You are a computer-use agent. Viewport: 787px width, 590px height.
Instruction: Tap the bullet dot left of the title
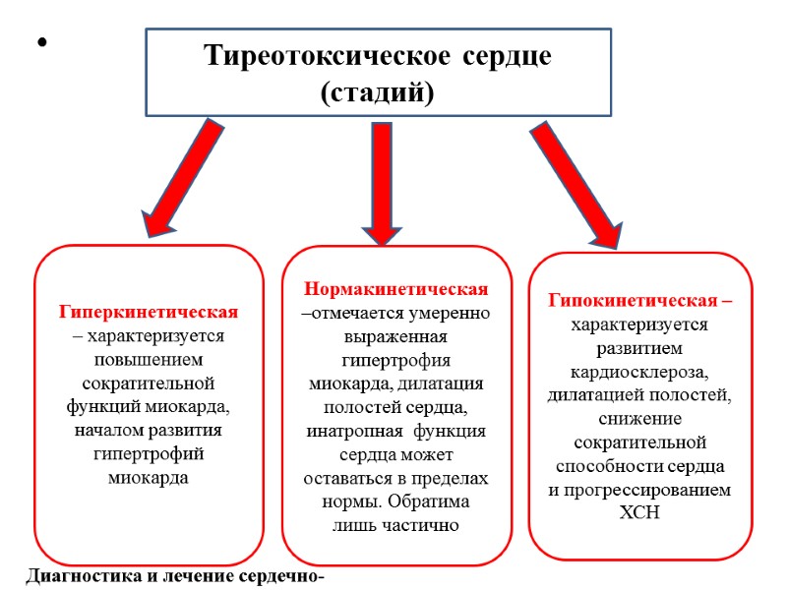click(41, 44)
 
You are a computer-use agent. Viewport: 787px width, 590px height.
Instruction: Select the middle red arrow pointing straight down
click(382, 182)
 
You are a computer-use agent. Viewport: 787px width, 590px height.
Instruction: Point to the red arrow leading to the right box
click(575, 182)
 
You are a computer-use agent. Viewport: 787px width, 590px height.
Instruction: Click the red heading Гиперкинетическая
click(149, 313)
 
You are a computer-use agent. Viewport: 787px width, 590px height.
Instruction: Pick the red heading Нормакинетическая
click(396, 290)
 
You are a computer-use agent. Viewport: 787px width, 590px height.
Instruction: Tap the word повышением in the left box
click(149, 359)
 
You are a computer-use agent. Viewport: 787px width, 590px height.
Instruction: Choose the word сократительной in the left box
click(149, 383)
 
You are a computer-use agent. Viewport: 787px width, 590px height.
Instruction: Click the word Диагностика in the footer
click(83, 575)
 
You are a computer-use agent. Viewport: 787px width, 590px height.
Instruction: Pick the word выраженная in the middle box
click(396, 336)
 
